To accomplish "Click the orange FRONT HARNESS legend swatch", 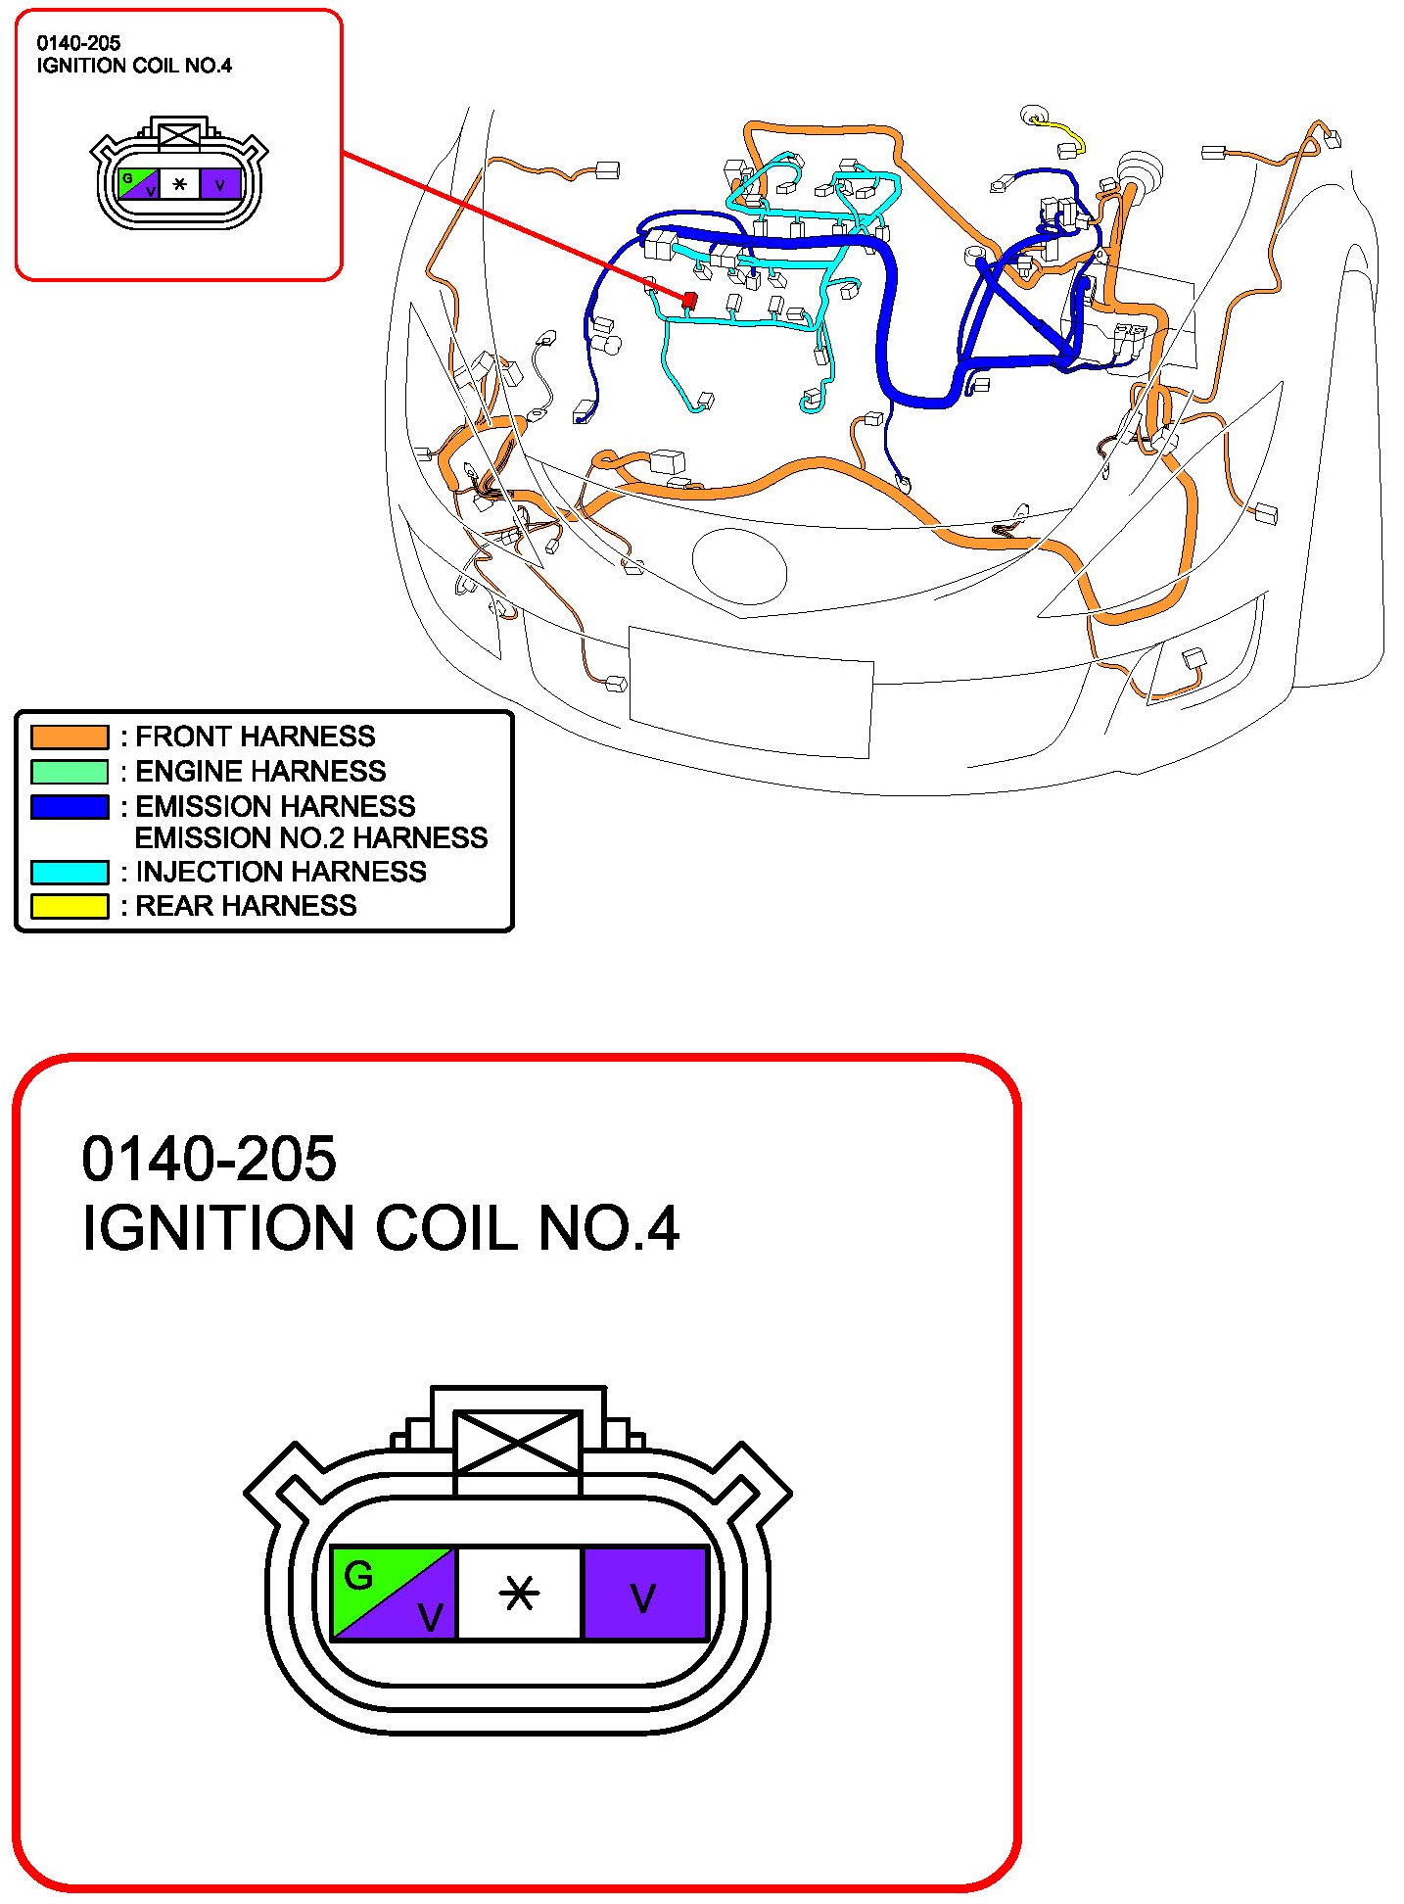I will [x=70, y=737].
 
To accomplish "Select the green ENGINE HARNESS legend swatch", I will [x=70, y=772].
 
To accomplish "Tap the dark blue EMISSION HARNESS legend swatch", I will [x=70, y=807].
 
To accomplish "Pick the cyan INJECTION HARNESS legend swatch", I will [x=70, y=872].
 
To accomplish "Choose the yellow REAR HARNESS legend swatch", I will [x=70, y=907].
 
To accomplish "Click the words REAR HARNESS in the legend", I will [x=245, y=906].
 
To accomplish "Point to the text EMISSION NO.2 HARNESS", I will [x=310, y=838].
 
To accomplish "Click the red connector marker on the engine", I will [x=689, y=300].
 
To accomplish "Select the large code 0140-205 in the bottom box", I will [x=209, y=1159].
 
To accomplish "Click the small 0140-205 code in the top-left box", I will [x=78, y=43].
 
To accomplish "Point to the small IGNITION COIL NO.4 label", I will [x=134, y=66].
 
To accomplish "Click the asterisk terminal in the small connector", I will [x=179, y=183].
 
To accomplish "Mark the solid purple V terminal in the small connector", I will [x=220, y=183].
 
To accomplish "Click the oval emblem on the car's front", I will [x=739, y=565].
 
